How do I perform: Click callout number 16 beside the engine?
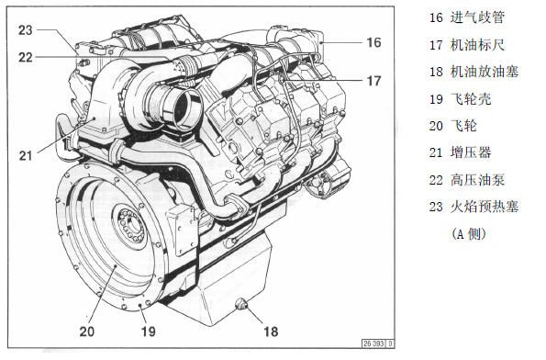[373, 42]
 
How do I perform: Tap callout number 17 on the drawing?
[374, 81]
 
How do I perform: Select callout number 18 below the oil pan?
[272, 332]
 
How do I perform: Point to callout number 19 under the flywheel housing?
[148, 332]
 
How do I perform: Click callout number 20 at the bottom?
[86, 332]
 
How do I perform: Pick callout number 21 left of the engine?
[26, 155]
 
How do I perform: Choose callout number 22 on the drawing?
[26, 57]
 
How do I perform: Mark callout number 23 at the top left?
[26, 30]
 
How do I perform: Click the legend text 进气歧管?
[477, 17]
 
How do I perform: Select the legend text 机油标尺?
[477, 45]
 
